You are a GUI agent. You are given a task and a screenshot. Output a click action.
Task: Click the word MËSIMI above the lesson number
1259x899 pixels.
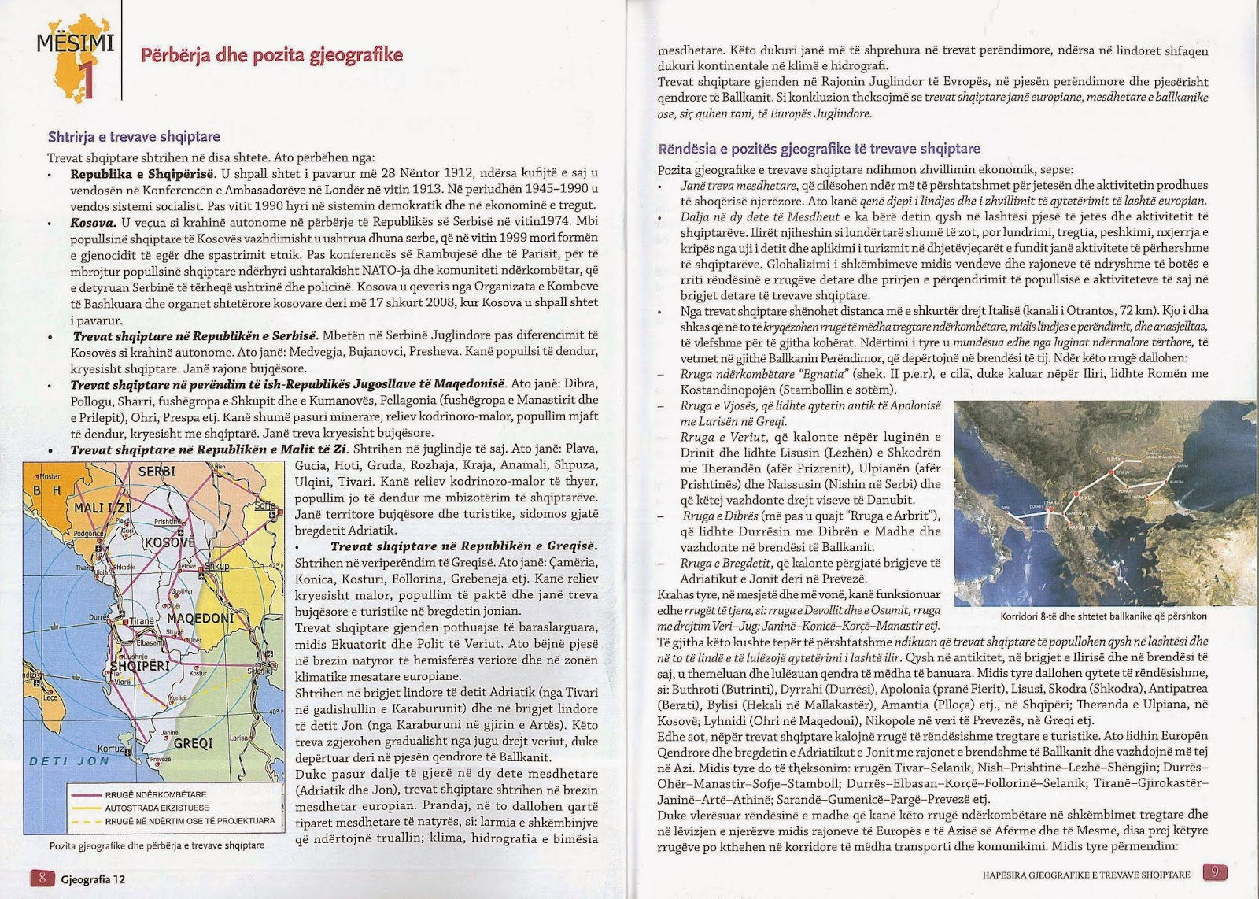click(75, 43)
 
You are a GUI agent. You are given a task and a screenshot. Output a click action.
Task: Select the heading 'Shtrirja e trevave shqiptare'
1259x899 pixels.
click(134, 137)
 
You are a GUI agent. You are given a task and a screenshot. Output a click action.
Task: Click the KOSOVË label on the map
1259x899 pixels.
click(169, 542)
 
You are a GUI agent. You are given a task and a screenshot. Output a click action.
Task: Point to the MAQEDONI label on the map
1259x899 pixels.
click(201, 618)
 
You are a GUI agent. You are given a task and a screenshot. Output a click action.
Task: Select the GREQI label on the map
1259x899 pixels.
click(193, 742)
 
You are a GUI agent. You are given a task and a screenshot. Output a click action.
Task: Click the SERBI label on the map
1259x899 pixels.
click(157, 472)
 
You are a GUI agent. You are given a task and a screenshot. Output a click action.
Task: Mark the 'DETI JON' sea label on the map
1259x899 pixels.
click(70, 760)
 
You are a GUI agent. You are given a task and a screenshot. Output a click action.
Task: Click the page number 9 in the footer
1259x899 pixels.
click(1214, 872)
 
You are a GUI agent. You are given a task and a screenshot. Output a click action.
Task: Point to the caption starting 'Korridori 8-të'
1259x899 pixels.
click(1103, 616)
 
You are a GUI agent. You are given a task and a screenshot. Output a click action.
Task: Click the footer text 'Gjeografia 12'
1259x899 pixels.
click(93, 879)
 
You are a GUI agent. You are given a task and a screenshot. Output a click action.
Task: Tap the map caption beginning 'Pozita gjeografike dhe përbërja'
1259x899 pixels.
click(157, 845)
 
